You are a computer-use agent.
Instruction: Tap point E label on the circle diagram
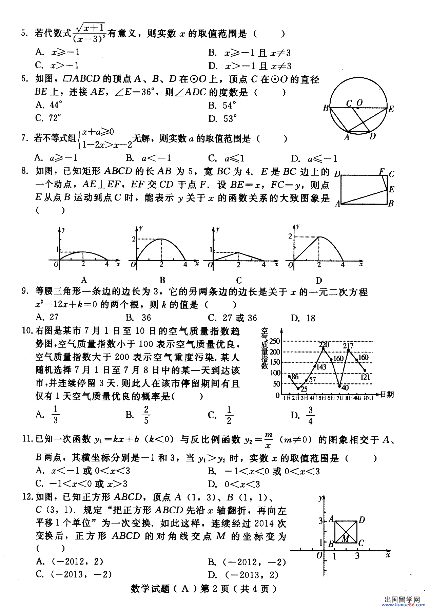tap(391, 109)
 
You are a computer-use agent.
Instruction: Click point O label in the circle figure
tap(359, 102)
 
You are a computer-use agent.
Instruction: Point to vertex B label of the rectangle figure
tap(391, 204)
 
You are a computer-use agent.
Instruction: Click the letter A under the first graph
tap(84, 280)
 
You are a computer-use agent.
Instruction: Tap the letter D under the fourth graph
tap(319, 281)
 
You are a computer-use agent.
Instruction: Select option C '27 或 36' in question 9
tap(233, 318)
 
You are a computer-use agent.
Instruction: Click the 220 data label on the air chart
tap(324, 345)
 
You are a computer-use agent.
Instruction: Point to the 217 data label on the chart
tap(348, 346)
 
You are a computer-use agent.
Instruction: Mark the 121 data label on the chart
tap(365, 377)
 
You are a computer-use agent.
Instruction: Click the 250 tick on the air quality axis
tap(275, 341)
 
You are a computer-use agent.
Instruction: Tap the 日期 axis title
tap(387, 394)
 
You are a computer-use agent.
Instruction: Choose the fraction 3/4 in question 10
tap(310, 416)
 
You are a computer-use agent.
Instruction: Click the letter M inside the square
tap(345, 538)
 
